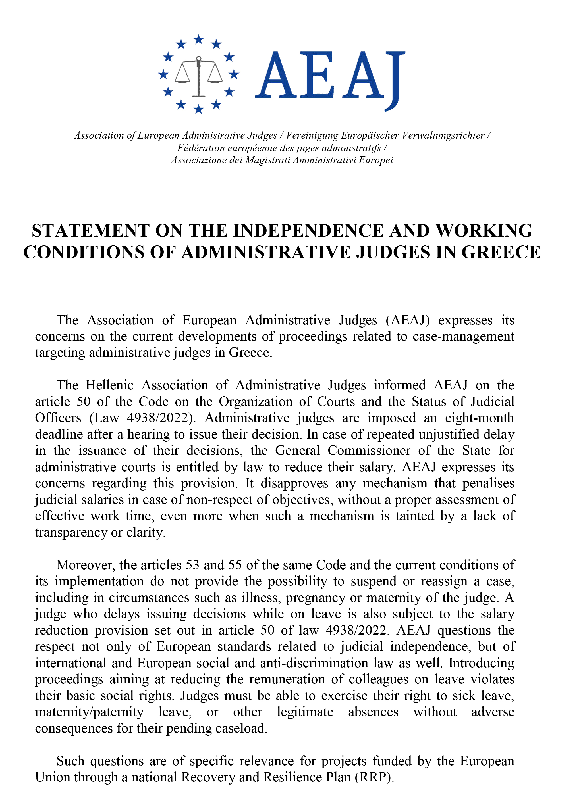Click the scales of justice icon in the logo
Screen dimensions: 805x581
coord(198,76)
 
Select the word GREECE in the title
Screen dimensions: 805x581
coord(501,252)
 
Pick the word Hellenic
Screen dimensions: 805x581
coord(109,385)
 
